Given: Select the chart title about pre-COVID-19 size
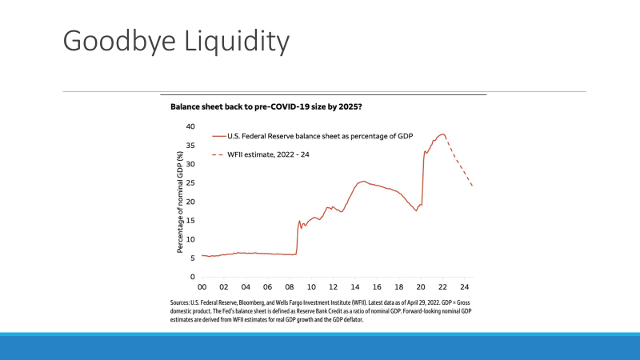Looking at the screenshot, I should pyautogui.click(x=272, y=106).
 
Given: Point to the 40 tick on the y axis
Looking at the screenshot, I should pyautogui.click(x=190, y=126).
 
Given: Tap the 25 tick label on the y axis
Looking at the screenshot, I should pyautogui.click(x=190, y=182).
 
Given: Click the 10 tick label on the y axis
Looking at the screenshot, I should pyautogui.click(x=190, y=239).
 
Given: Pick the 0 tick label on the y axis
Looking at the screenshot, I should pyautogui.click(x=192, y=277).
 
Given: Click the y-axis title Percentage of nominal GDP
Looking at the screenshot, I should pyautogui.click(x=180, y=202).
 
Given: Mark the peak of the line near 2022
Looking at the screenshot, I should pyautogui.click(x=442, y=134).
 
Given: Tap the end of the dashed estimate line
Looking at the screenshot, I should pyautogui.click(x=472, y=186).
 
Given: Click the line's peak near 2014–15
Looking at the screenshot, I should pyautogui.click(x=364, y=182).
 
